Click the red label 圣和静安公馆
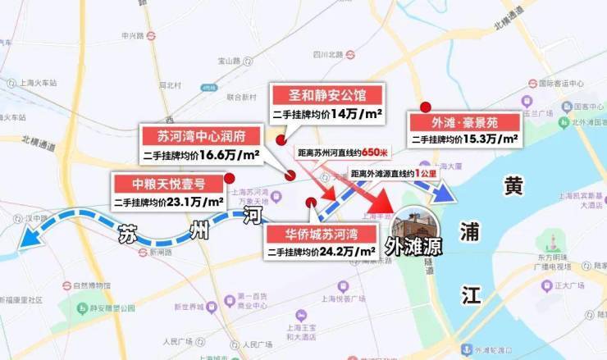coord(326,94)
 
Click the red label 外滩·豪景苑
coord(464,122)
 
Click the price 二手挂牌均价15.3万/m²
coord(464,140)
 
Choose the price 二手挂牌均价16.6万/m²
coord(201,154)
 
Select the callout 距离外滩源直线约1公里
coord(392,173)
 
